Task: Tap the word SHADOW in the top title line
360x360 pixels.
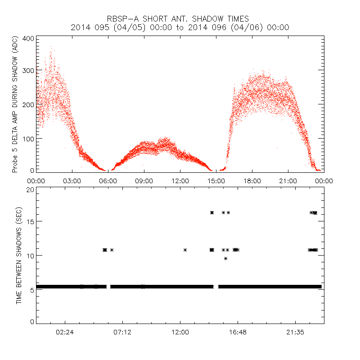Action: [198, 19]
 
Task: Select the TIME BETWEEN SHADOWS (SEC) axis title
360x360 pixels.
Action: [19, 255]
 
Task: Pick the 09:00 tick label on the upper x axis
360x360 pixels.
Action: [144, 180]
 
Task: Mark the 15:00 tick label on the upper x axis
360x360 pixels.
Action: [216, 180]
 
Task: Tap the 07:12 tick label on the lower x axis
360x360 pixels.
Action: [122, 332]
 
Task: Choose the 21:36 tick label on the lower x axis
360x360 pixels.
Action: [295, 332]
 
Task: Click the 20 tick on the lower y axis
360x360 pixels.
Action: [30, 190]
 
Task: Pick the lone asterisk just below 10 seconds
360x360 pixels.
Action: [225, 258]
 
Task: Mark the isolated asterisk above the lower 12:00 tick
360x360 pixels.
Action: [185, 250]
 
